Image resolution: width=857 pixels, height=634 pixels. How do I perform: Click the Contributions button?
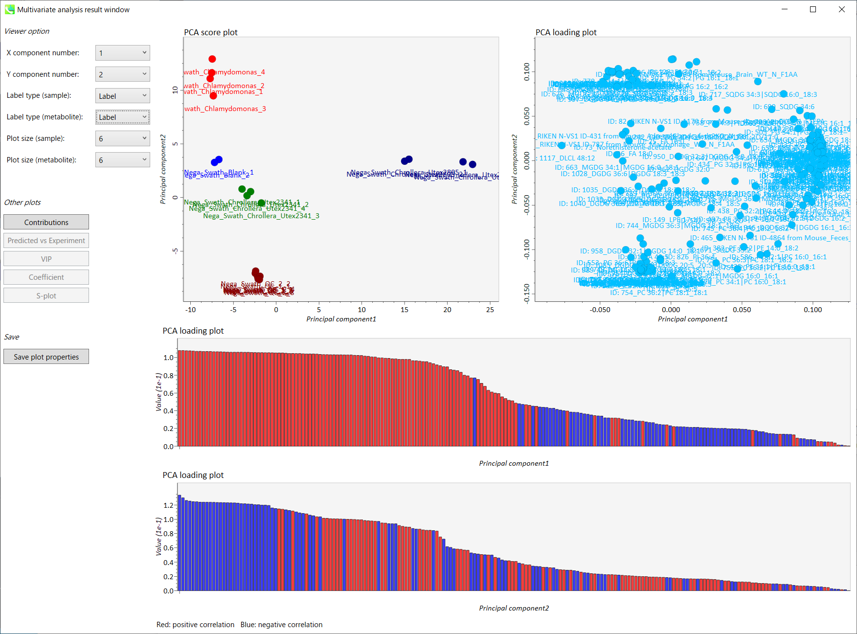point(46,222)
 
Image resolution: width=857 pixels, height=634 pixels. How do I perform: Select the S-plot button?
point(46,295)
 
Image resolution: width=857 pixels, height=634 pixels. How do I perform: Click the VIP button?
point(46,259)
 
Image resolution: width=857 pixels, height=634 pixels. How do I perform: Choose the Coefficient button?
point(46,277)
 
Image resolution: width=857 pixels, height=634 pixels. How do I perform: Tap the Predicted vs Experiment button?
point(46,240)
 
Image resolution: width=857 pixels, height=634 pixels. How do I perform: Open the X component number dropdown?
point(122,53)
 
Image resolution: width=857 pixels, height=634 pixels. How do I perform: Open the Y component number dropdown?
point(122,74)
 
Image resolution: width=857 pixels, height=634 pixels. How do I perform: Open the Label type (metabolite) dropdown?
point(122,117)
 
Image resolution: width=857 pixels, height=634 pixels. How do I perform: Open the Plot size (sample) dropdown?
point(122,138)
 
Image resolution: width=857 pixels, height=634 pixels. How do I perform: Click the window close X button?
point(842,9)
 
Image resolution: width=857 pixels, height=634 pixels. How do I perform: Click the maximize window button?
point(813,9)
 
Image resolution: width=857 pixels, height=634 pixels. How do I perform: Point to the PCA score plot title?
point(211,32)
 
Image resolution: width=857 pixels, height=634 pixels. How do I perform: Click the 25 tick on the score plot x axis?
point(490,310)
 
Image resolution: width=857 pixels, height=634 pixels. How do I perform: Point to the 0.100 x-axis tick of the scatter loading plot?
point(813,310)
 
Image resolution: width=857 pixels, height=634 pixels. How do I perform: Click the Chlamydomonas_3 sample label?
point(226,109)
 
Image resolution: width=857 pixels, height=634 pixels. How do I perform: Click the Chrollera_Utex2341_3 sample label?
point(261,216)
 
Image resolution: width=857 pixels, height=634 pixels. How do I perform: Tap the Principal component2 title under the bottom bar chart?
point(514,608)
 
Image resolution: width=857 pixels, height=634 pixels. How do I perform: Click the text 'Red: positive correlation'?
point(195,625)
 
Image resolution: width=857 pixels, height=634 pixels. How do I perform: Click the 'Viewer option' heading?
point(27,31)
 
